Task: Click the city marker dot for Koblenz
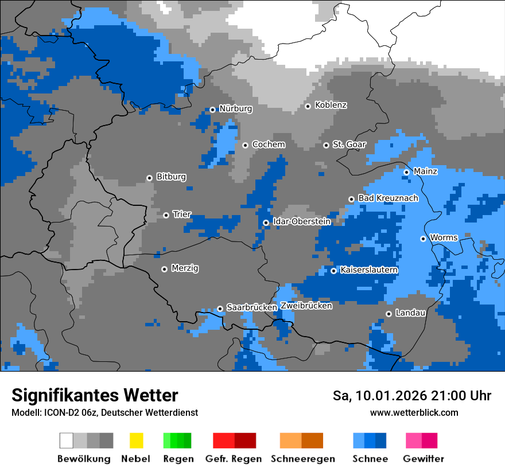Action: click(308, 106)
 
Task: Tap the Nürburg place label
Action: click(235, 108)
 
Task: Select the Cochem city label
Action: click(268, 145)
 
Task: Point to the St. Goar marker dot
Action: click(326, 145)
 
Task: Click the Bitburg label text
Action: click(171, 177)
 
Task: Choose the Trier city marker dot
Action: click(166, 215)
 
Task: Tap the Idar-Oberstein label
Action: click(301, 221)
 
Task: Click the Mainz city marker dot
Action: click(406, 172)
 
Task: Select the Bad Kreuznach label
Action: click(388, 198)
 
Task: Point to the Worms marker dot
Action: click(423, 239)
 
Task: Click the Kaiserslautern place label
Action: click(369, 270)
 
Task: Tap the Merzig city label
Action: click(185, 268)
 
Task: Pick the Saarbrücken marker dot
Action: click(220, 309)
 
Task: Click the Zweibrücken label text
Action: click(306, 306)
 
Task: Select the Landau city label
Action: click(410, 313)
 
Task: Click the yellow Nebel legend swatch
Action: click(136, 440)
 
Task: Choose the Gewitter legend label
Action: click(424, 459)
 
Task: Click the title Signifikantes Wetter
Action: click(95, 395)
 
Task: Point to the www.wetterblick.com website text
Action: click(414, 412)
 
